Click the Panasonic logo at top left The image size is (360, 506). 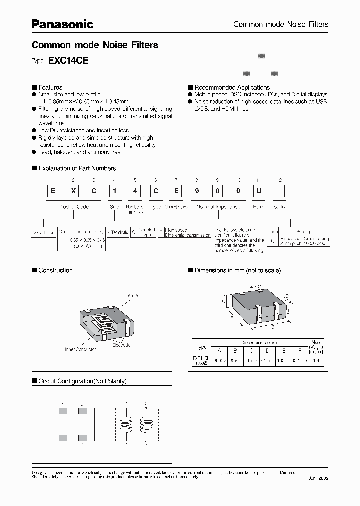coord(63,23)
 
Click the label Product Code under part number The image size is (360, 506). coord(74,206)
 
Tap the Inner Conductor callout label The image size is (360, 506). coord(81,349)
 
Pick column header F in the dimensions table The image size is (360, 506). coord(299,350)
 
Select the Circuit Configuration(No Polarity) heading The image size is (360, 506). coord(82,381)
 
